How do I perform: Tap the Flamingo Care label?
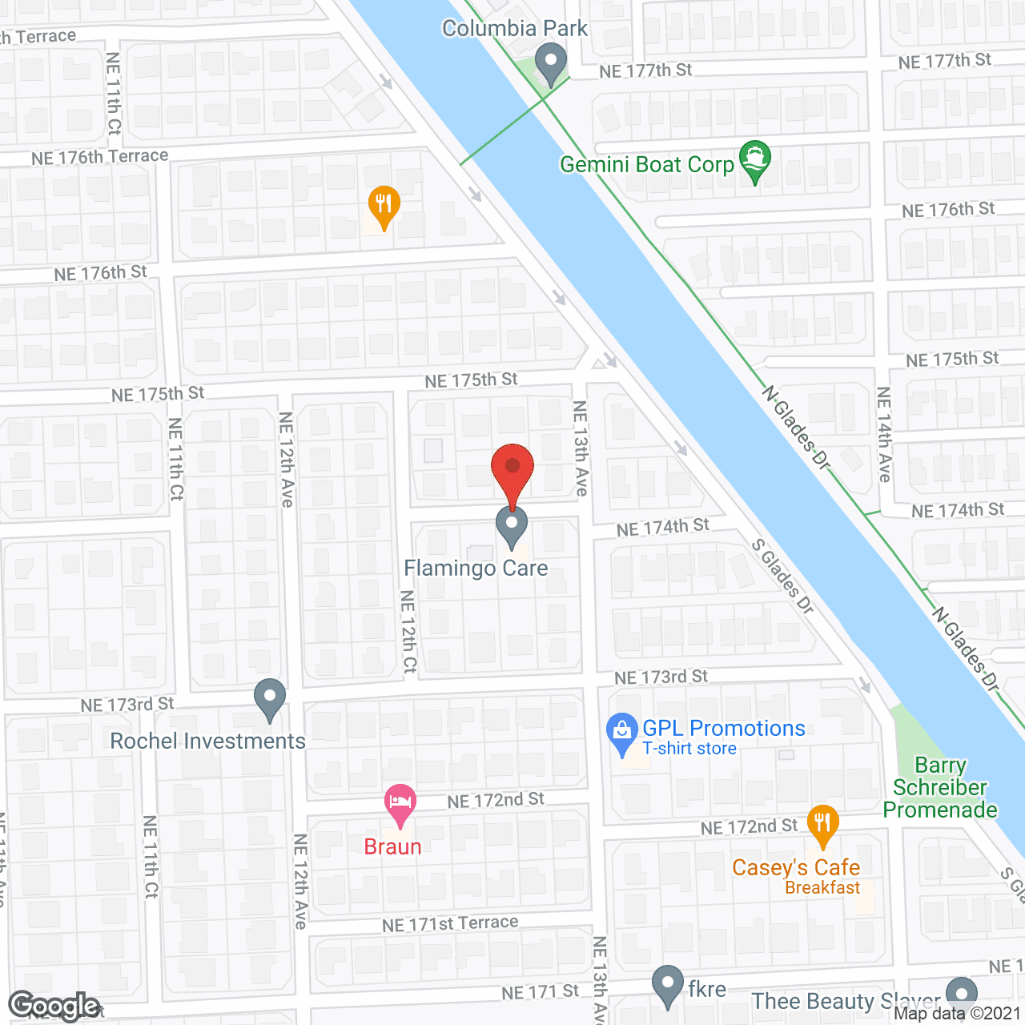point(476,569)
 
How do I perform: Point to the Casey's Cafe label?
point(796,868)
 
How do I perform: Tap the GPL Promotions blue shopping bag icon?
point(622,731)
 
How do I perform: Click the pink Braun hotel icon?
point(400,803)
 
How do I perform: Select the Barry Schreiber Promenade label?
point(940,788)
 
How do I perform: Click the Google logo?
point(54,1006)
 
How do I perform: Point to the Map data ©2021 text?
point(958,1014)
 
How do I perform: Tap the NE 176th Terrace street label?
point(100,157)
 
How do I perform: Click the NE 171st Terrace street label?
point(450,924)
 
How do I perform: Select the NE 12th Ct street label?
point(408,631)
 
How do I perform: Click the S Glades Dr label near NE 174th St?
point(782,577)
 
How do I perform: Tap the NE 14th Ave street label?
point(884,434)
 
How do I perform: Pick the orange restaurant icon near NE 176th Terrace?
point(384,204)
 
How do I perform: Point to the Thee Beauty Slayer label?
point(846,1002)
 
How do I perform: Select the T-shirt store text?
point(689,749)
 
